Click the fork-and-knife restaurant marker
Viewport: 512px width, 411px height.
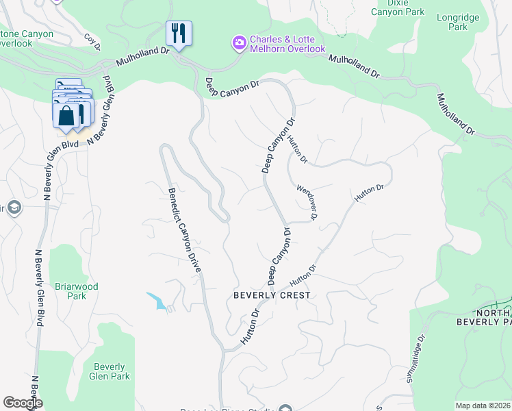179,34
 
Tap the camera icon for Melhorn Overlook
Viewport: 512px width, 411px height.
239,43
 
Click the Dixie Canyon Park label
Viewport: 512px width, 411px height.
397,8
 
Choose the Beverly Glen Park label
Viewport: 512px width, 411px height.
110,371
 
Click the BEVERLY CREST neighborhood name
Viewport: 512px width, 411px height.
272,295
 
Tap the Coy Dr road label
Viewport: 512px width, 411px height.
92,42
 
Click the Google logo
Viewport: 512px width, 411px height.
23,403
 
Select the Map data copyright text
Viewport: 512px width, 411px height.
483,406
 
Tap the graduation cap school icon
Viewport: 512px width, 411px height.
14,208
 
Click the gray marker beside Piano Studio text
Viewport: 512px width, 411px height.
285,409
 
